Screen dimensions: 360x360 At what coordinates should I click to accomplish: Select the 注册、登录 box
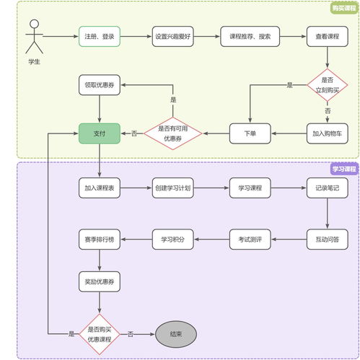99,36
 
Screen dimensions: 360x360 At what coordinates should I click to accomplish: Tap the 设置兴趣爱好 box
172,36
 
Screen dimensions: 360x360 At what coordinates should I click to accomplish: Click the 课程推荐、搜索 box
250,36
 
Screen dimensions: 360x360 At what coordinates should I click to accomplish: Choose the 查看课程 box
327,36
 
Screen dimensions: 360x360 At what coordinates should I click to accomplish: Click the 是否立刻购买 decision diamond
327,85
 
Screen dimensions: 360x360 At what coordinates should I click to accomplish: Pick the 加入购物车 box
327,133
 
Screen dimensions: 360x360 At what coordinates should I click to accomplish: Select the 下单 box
250,133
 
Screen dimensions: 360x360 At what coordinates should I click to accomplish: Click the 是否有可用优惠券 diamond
172,133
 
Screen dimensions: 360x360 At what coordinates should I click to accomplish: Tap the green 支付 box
99,133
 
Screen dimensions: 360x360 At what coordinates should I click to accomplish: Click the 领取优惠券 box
99,85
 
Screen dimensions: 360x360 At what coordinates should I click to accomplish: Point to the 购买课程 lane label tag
343,8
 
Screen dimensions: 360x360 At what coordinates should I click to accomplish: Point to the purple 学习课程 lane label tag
343,169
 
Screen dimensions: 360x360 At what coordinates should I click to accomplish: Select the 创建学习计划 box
172,189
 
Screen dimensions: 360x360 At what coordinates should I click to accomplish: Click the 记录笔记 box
327,189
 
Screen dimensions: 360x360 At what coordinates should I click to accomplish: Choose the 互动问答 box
327,239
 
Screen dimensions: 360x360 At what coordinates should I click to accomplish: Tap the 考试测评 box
250,239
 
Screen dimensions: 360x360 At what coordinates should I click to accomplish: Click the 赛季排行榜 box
99,239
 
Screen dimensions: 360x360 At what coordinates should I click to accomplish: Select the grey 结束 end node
175,334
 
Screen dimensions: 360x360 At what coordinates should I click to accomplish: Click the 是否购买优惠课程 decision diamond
99,334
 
